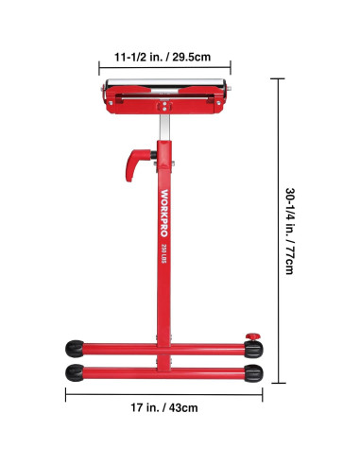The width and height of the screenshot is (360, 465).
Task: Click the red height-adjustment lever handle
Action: pos(131,160)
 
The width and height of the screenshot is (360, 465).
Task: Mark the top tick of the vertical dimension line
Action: pos(276,78)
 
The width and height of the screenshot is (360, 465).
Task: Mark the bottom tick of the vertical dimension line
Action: pos(276,383)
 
